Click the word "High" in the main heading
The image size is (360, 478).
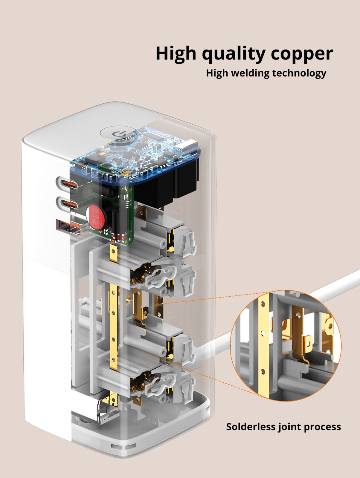coord(176,53)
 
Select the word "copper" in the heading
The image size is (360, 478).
coord(302,54)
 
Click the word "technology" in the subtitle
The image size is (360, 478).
coord(299,73)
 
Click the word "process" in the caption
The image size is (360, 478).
coord(322,427)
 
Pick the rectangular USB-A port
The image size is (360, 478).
coord(69,228)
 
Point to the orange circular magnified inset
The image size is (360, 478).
coord(286,345)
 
